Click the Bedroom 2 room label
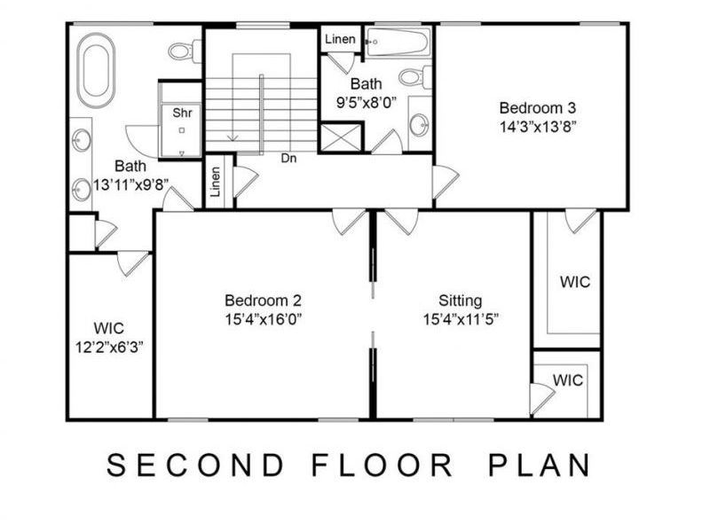pyautogui.click(x=264, y=300)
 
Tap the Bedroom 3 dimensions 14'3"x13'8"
pyautogui.click(x=539, y=126)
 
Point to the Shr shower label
pyautogui.click(x=182, y=113)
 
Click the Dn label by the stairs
pyautogui.click(x=288, y=159)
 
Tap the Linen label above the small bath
pyautogui.click(x=340, y=40)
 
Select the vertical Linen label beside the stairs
pyautogui.click(x=216, y=182)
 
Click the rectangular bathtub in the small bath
pyautogui.click(x=399, y=40)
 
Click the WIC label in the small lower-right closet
pyautogui.click(x=568, y=380)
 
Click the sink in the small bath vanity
pyautogui.click(x=419, y=123)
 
